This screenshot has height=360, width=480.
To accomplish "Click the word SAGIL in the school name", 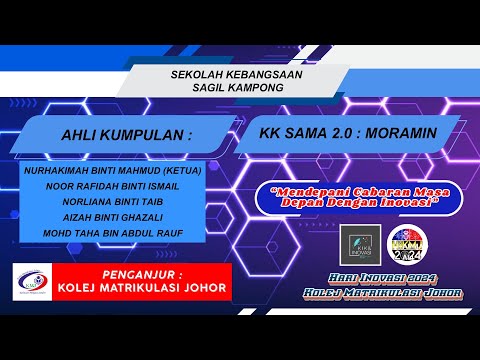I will coord(205,88).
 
